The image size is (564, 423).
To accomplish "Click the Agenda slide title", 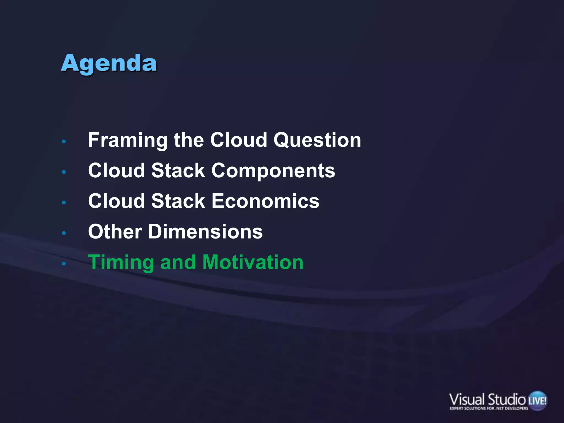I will click(109, 63).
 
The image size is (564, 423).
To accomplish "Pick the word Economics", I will click(265, 201).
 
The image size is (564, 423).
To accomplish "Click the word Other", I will click(115, 232).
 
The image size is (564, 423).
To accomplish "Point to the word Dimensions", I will click(205, 232).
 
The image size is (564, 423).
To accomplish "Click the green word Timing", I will click(121, 262).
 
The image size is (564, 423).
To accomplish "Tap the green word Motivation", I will click(253, 262).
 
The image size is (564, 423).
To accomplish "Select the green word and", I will click(178, 262).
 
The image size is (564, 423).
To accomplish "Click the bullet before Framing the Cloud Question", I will click(64, 142).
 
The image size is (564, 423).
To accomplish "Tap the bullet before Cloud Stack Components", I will click(64, 172).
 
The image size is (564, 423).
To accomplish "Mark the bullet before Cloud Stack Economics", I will click(64, 203).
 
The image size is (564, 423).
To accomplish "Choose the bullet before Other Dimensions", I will click(64, 233).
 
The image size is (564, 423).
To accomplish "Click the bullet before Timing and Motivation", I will click(64, 264).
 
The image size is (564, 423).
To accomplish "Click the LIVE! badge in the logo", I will click(537, 400).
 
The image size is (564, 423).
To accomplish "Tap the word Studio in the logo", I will click(507, 399).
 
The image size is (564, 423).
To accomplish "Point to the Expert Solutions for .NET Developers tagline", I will click(489, 408).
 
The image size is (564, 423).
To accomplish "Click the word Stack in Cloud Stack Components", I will click(178, 171).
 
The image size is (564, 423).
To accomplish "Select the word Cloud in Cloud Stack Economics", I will click(116, 201).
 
